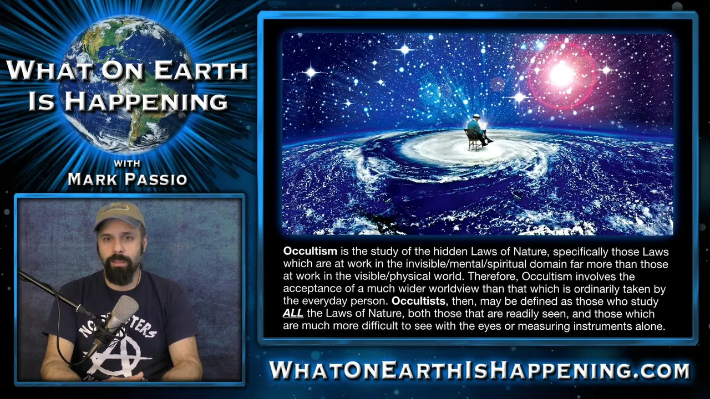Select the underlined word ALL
point(293,314)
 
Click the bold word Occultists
point(419,301)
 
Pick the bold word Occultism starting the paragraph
point(310,251)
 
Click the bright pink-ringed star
point(562,75)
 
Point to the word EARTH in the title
point(200,70)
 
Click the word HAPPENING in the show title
point(146,101)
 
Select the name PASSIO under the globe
point(156,179)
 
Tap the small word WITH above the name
point(127,163)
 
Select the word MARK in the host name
point(92,179)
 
